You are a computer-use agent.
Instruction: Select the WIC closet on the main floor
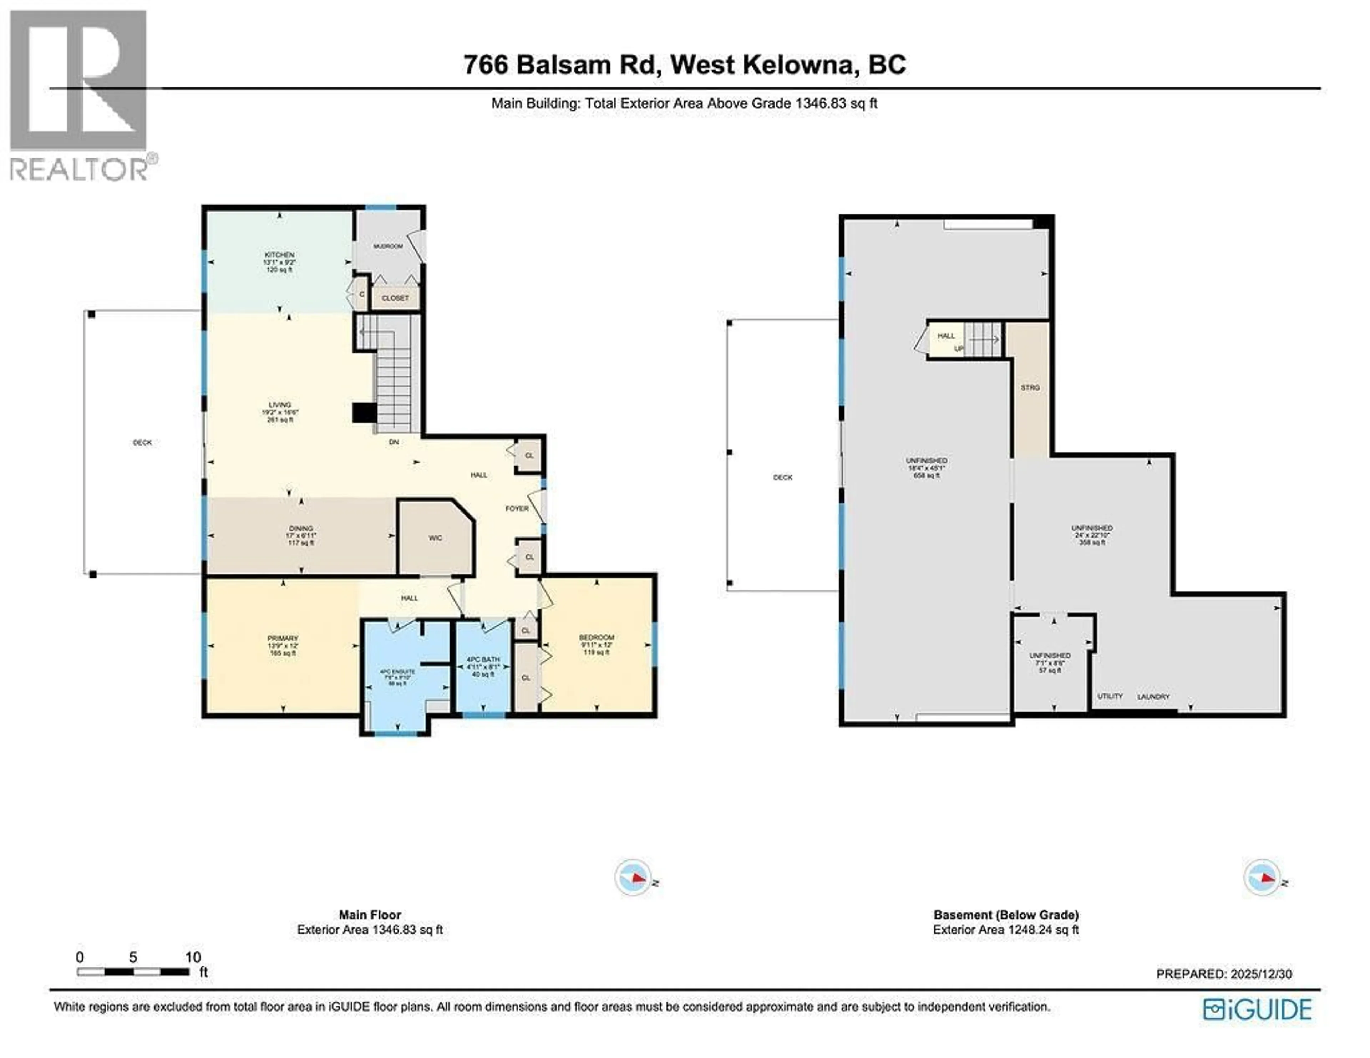pyautogui.click(x=435, y=538)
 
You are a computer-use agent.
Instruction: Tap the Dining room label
pyautogui.click(x=301, y=529)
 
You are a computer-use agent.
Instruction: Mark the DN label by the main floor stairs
pyautogui.click(x=394, y=442)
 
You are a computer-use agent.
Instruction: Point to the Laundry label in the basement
pyautogui.click(x=1153, y=697)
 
